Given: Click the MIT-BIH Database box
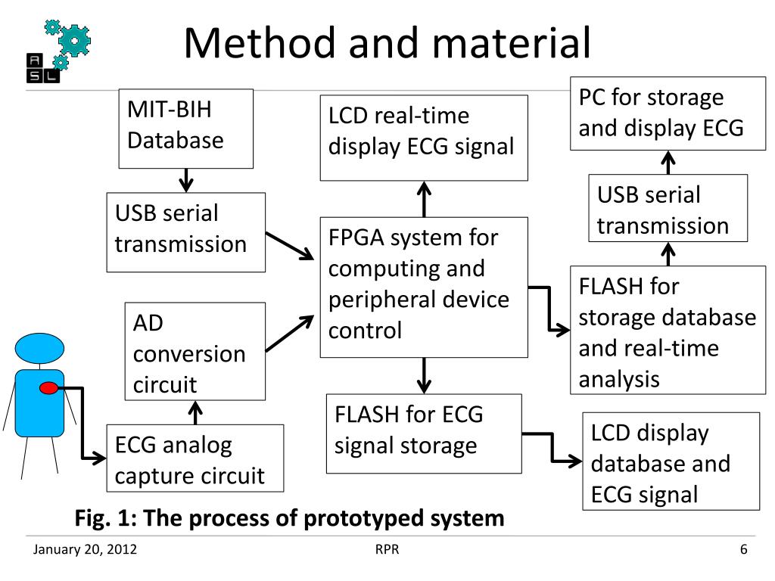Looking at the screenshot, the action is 186,129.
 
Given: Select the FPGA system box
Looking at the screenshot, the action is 424,287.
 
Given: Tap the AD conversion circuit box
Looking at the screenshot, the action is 195,351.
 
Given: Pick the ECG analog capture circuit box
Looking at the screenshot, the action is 195,458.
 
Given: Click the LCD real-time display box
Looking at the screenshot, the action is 424,138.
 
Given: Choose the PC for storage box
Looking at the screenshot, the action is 668,113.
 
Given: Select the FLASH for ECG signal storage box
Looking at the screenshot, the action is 424,433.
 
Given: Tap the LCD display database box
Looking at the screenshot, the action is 671,461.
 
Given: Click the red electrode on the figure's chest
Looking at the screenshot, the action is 48,388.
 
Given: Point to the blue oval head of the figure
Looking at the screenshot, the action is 39,348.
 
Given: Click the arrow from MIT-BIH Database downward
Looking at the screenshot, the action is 186,180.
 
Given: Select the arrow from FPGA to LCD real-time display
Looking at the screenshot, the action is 424,199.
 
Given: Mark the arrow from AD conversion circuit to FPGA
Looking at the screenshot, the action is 290,334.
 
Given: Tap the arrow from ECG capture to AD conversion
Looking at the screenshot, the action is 196,412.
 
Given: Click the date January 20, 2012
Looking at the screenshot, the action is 85,549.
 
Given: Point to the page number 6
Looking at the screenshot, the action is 744,549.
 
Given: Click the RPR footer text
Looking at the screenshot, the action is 387,549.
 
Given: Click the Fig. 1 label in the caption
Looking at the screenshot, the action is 106,519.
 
